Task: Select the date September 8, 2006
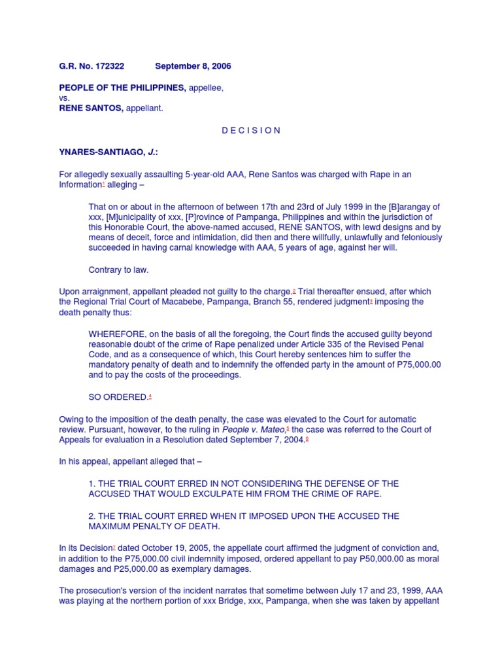[x=193, y=66]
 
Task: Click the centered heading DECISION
[x=251, y=130]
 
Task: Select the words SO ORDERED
[x=118, y=397]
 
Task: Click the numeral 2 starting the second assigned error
[x=92, y=516]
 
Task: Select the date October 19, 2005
[x=158, y=548]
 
